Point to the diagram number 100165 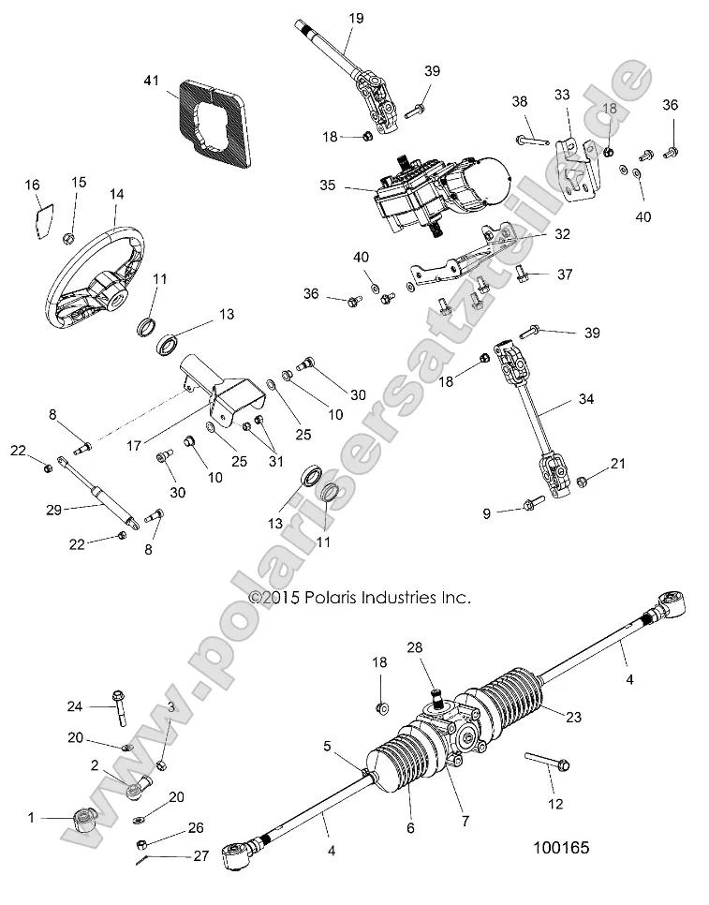560,847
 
